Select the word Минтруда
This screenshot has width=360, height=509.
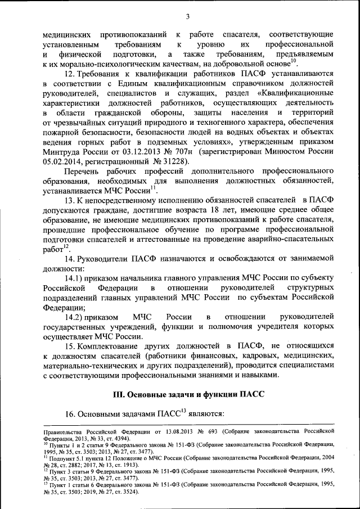(62, 150)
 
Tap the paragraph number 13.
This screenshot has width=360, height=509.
(70, 201)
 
